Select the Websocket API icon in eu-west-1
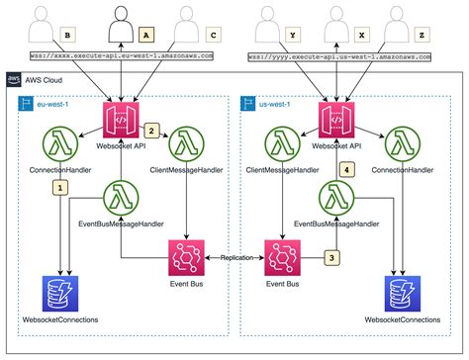119,123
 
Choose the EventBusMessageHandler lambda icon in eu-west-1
121,195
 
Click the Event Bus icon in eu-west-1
187,258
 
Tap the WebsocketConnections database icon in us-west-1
402,294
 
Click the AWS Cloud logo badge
13,77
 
